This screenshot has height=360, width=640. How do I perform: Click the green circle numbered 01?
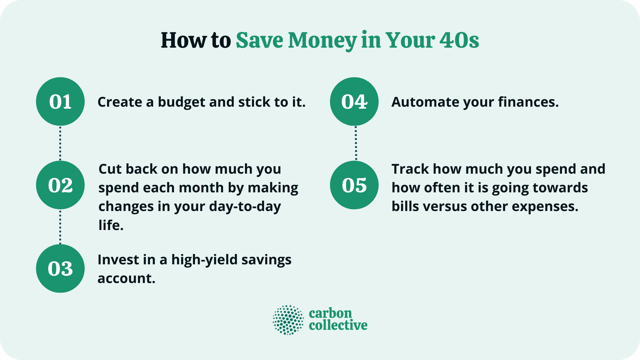coord(60,102)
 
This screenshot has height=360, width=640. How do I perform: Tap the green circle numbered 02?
coord(60,185)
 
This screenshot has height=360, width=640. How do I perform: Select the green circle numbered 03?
coord(60,269)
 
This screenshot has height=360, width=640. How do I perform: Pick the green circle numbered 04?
coord(354,102)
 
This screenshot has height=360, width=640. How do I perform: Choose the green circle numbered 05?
coord(354,185)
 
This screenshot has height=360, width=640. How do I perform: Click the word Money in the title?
coord(322,41)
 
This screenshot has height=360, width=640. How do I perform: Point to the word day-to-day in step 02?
coord(245,207)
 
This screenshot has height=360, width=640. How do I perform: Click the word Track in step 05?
coord(410,169)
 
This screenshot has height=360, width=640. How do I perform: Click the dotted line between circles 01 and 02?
coord(60,143)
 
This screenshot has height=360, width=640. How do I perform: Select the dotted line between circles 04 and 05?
coord(356,143)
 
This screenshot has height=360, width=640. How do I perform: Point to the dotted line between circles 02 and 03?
coord(60,227)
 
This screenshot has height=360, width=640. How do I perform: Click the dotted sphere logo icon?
coord(288,320)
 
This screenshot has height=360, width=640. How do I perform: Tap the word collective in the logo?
coord(338,325)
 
